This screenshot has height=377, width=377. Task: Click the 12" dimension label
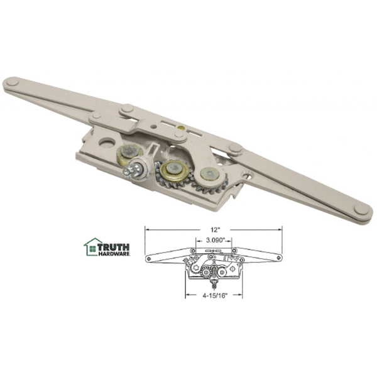(214, 222)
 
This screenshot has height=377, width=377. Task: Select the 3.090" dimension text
(214, 239)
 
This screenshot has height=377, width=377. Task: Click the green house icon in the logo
(92, 247)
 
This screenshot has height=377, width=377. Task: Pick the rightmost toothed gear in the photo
(207, 177)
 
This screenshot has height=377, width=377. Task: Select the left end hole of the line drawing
(148, 258)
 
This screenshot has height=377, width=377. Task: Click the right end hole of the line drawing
(280, 258)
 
